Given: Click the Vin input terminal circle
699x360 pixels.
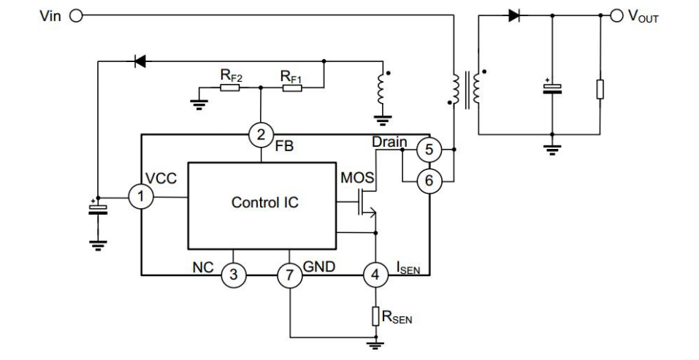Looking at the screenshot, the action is coord(76,16).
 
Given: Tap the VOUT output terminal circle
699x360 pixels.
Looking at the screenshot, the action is coord(616,15).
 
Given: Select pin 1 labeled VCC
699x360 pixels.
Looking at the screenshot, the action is coord(141,196).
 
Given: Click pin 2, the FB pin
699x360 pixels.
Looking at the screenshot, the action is coord(261,134).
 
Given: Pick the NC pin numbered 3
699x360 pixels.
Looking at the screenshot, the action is coord(234,275).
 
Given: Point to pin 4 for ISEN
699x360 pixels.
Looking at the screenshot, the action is coord(375,275).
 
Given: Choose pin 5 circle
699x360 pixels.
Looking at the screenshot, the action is coord(429,149).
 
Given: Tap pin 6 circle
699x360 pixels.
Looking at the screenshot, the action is coord(429,181).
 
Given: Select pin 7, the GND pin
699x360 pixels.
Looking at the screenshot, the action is coord(290,275).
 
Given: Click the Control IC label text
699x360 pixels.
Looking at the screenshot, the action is coord(265,202).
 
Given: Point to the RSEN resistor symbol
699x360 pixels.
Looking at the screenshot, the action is coord(375,316).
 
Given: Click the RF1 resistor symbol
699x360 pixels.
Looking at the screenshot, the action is coord(292,88).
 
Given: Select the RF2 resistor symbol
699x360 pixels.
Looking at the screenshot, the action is coord(229,88).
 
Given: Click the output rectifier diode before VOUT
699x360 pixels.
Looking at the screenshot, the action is coord(514,15).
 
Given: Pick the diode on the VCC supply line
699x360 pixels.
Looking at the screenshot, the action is coord(140,61).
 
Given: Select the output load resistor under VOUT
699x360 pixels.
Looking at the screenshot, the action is coord(600,88).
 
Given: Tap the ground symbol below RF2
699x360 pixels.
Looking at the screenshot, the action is coord(199,104).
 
